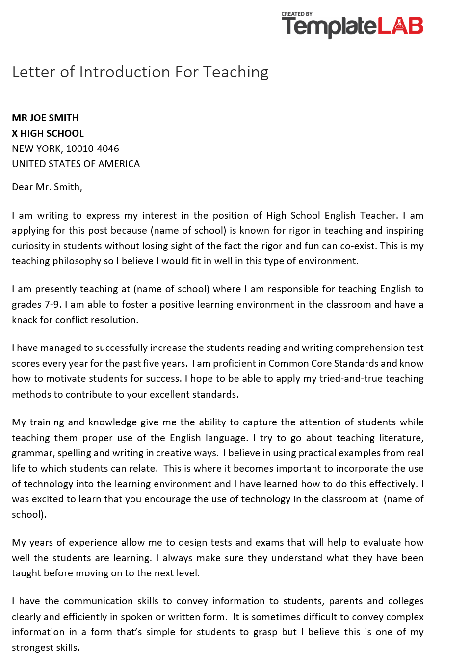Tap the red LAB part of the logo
400,26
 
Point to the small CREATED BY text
297,14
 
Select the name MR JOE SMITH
45,118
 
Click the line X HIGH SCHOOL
48,133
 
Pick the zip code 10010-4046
92,149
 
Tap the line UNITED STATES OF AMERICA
76,164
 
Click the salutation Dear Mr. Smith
47,187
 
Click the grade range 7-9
52,304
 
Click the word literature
401,438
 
